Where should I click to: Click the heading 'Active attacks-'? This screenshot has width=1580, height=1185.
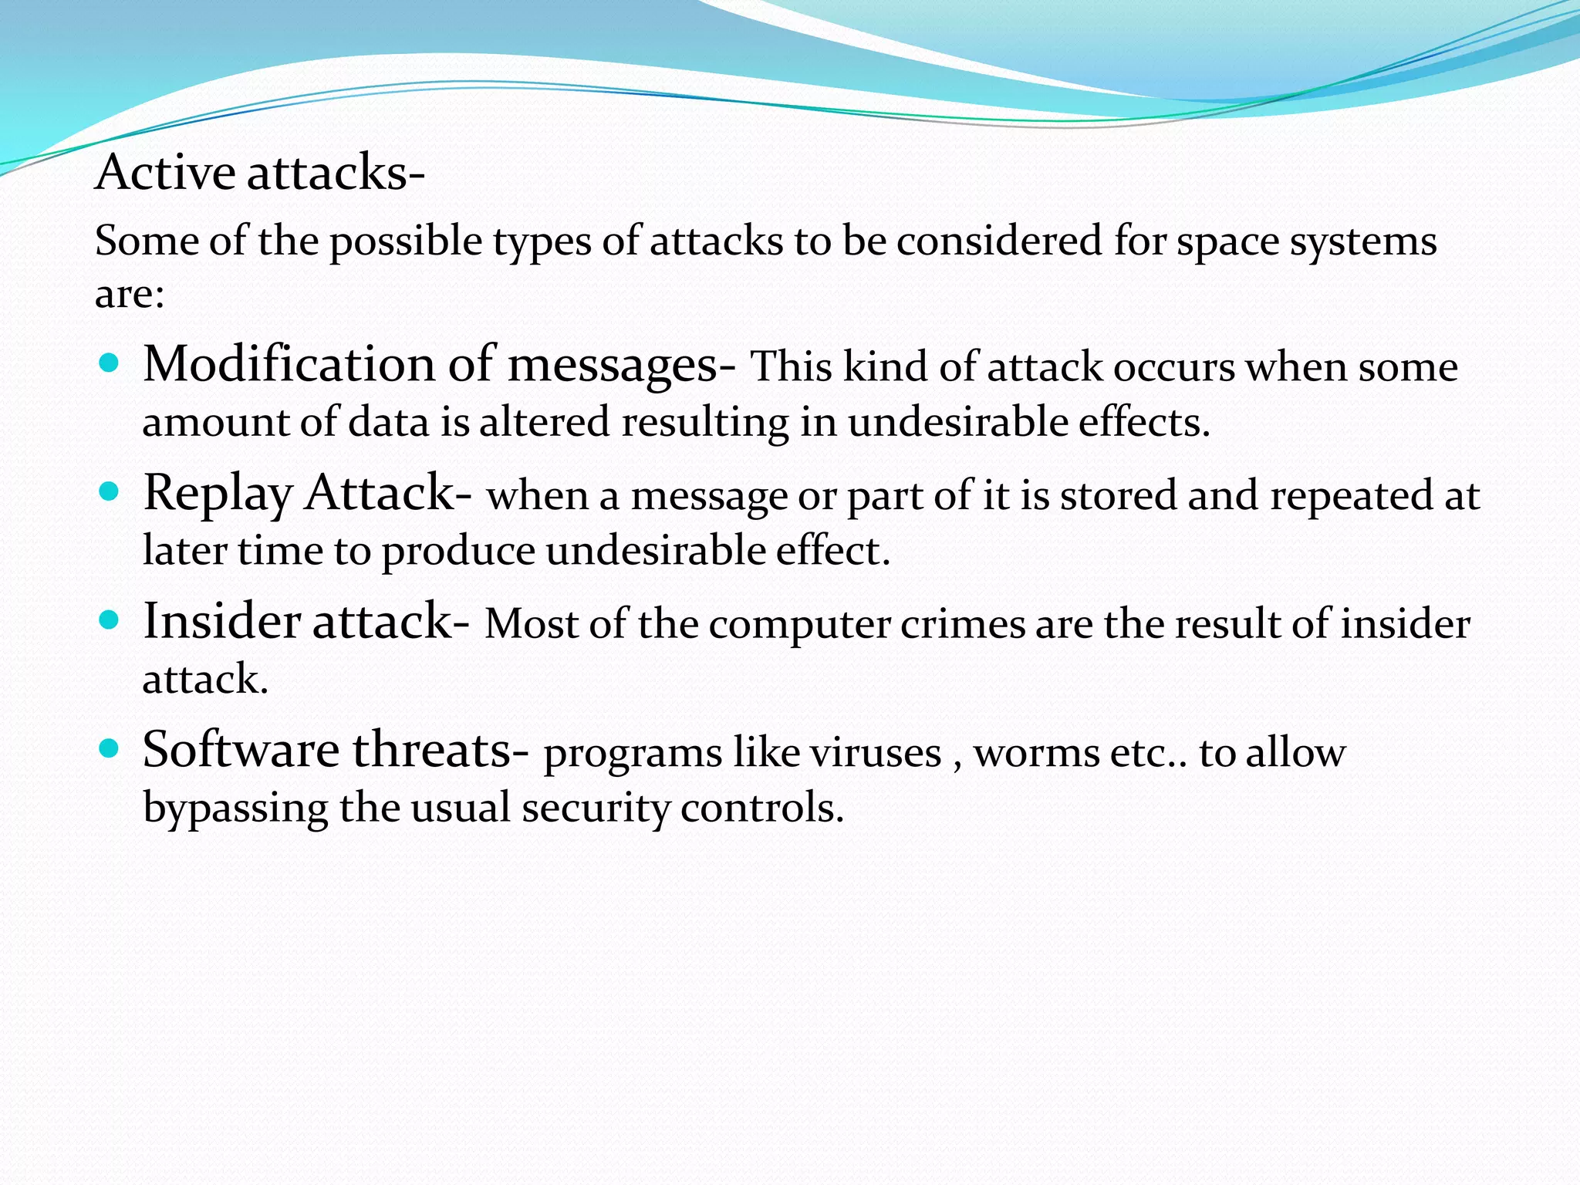point(259,172)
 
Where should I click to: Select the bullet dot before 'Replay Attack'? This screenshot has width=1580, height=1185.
point(110,491)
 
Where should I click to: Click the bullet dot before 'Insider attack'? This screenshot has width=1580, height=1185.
point(110,620)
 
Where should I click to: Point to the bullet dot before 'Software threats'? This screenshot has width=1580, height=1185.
point(110,748)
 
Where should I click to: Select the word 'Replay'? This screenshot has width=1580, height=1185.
point(218,494)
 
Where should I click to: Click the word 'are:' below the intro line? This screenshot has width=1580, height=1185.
point(130,295)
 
